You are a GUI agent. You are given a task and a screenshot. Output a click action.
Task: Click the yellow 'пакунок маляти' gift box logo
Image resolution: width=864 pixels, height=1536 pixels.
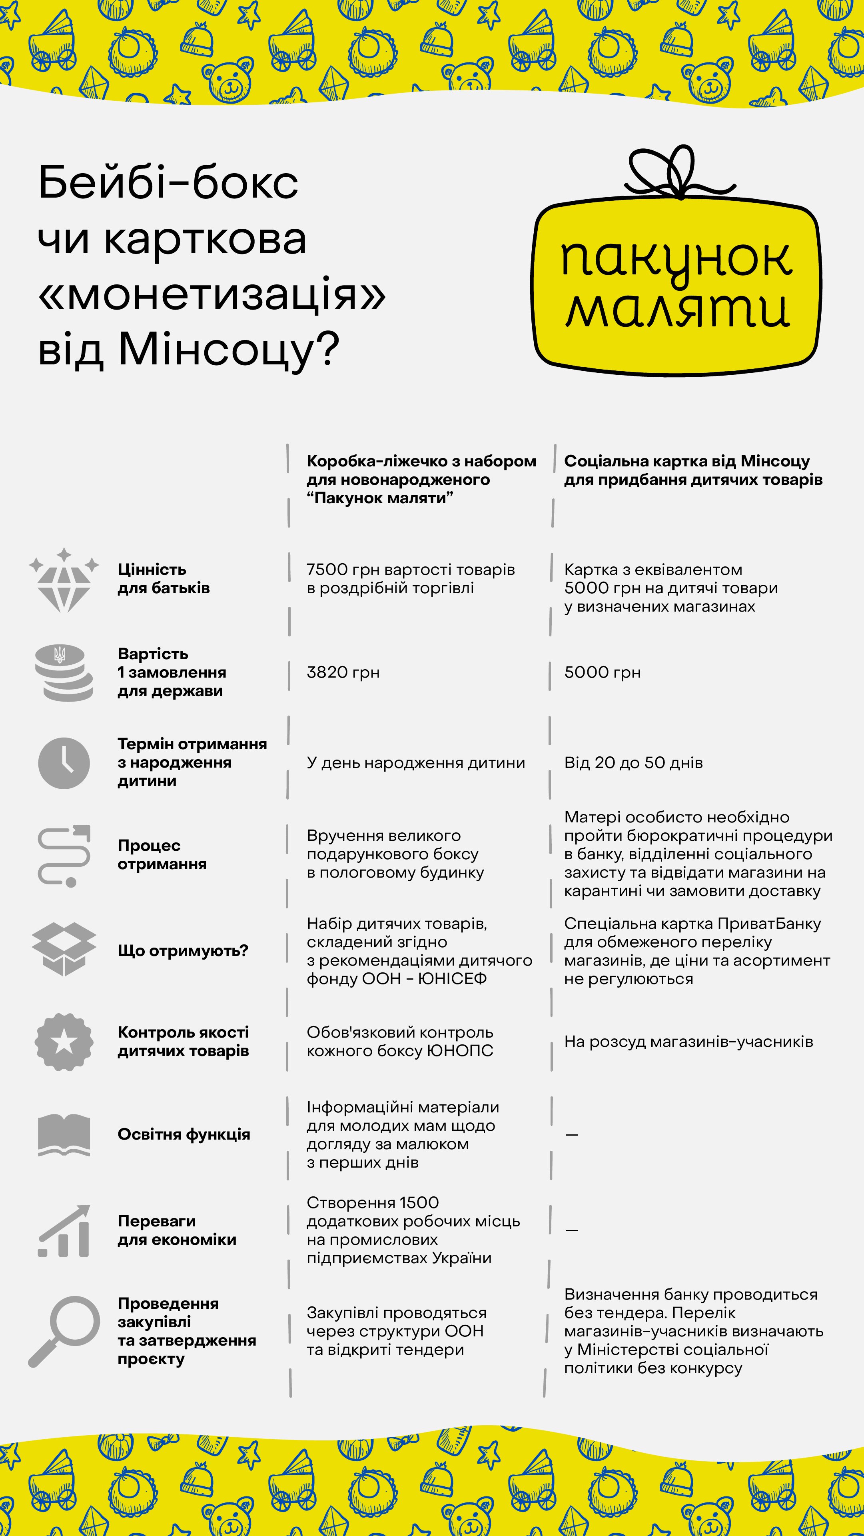coord(676,286)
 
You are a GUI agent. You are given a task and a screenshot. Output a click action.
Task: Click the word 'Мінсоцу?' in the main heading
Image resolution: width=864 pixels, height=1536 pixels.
coord(229,349)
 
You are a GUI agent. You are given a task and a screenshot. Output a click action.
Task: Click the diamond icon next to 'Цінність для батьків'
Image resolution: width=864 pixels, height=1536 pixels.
coord(64,581)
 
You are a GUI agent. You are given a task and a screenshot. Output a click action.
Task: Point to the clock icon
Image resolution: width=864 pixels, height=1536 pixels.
coord(64,763)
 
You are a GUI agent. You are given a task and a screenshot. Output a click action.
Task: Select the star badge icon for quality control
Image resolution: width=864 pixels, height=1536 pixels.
coord(64,1042)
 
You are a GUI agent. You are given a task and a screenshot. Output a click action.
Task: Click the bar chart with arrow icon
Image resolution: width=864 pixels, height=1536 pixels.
coord(64,1231)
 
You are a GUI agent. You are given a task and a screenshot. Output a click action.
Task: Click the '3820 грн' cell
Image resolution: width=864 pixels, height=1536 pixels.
coord(343,672)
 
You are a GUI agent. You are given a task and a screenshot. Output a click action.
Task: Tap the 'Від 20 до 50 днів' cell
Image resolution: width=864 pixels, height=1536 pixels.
coord(633,763)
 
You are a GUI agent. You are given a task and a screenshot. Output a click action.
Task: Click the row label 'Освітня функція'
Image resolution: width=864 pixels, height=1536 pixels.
coord(184,1134)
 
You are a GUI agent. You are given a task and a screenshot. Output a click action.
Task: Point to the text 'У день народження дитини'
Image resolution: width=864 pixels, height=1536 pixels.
coord(416,763)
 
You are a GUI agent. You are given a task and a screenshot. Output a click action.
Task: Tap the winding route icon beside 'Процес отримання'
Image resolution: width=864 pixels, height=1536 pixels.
coord(64,856)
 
